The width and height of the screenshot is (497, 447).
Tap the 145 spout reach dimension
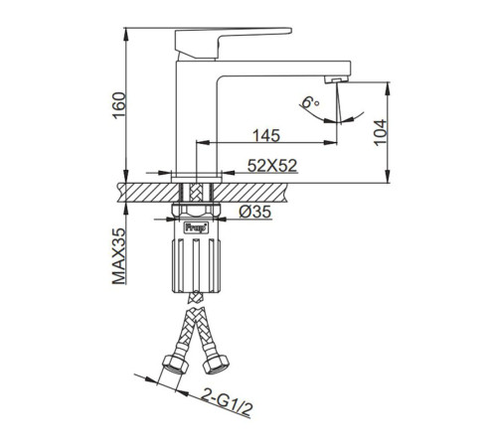coord(266,136)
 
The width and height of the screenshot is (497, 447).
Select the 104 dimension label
coord(381,132)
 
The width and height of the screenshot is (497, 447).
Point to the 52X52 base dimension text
coord(272,166)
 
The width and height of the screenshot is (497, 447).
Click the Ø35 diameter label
coord(255,212)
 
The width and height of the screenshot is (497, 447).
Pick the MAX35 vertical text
coord(119,256)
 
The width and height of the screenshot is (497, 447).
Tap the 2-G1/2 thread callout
coord(227,401)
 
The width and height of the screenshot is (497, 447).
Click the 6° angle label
coord(310,101)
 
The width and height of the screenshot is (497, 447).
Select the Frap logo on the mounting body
coord(197,227)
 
